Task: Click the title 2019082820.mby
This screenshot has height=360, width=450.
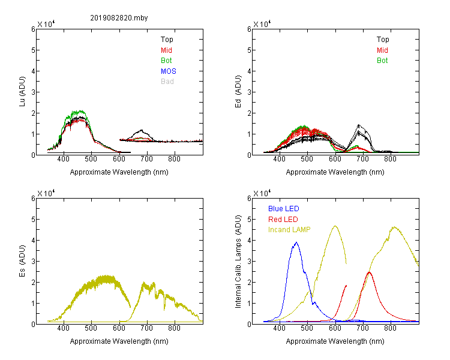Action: click(x=119, y=18)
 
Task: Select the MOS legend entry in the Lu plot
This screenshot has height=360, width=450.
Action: click(x=169, y=71)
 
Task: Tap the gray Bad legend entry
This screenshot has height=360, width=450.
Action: click(x=167, y=82)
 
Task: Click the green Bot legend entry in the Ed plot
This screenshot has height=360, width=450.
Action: click(x=382, y=61)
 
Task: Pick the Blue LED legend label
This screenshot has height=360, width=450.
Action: click(x=284, y=209)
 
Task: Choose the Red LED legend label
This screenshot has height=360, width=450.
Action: click(x=283, y=220)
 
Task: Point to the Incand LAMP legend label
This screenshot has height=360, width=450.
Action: click(x=289, y=230)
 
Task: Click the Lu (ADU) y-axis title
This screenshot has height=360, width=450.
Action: click(x=22, y=92)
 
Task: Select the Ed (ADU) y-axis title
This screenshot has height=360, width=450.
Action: click(x=238, y=92)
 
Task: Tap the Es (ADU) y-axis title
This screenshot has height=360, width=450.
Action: click(x=22, y=261)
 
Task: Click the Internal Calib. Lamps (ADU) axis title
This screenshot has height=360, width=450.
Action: click(x=238, y=261)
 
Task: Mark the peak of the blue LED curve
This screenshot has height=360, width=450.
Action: click(x=296, y=242)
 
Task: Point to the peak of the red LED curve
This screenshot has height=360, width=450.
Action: click(x=369, y=272)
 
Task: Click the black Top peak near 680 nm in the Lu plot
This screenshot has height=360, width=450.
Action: click(x=142, y=130)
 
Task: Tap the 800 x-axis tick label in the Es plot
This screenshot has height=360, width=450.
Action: click(x=174, y=328)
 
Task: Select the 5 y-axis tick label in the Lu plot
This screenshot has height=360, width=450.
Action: click(x=33, y=50)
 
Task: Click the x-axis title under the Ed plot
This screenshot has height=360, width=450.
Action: click(x=335, y=172)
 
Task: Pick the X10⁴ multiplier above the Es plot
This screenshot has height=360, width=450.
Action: click(x=46, y=193)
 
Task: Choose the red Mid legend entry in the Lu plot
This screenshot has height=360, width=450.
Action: click(x=166, y=50)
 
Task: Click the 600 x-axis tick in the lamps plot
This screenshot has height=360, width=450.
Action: click(x=335, y=328)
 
